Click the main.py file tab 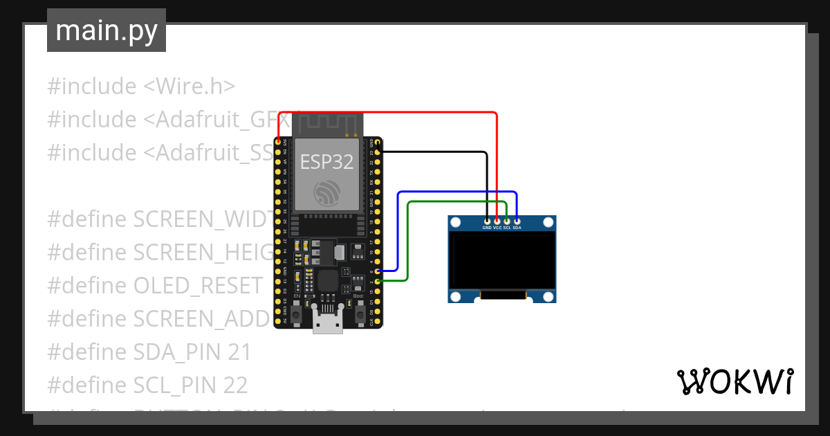106,30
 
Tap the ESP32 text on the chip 326,162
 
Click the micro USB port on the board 327,322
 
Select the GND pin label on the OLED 487,227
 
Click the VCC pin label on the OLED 497,227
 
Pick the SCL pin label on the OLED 507,227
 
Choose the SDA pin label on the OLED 517,227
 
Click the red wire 387,112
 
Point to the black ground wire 436,151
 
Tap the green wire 456,201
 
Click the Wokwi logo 735,381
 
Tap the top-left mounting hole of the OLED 455,223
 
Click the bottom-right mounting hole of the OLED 548,296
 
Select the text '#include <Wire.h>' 141,87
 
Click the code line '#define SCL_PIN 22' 147,385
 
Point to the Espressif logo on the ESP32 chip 326,192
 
